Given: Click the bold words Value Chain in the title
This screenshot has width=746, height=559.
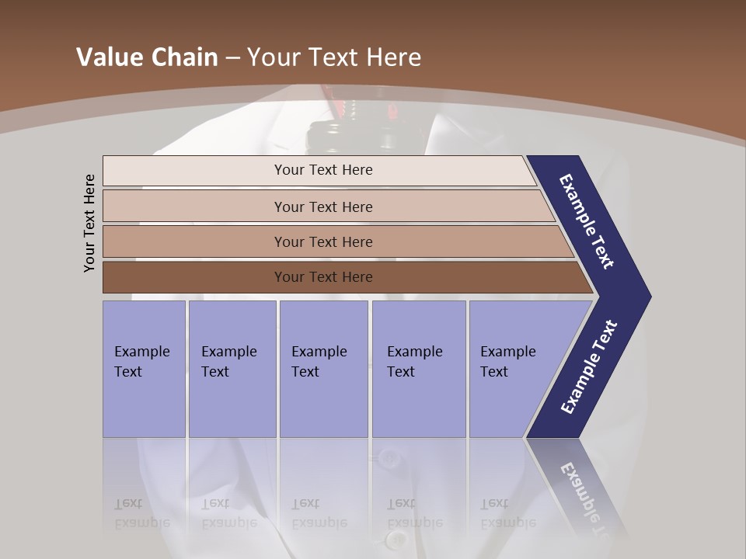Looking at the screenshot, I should click(x=147, y=57).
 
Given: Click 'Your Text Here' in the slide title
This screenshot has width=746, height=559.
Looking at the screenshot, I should click(x=334, y=57).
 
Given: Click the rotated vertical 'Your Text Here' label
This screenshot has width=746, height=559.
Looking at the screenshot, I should click(x=89, y=223).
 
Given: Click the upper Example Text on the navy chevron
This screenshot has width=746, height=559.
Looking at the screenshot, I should click(x=587, y=221).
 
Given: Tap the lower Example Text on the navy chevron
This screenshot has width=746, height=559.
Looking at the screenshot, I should click(x=589, y=367).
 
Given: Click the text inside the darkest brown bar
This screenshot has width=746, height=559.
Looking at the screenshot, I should click(x=323, y=277).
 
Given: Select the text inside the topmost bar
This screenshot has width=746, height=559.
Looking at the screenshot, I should click(x=323, y=170).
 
